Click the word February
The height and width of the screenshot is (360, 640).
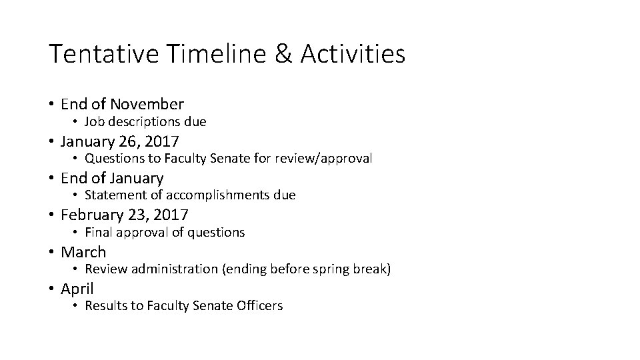pyautogui.click(x=89, y=215)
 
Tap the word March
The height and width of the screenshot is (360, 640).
pyautogui.click(x=83, y=252)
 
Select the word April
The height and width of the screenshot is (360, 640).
pyautogui.click(x=77, y=289)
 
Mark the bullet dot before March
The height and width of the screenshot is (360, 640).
pyautogui.click(x=51, y=252)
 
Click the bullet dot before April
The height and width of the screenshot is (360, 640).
pyautogui.click(x=51, y=289)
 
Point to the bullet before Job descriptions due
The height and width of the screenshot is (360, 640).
pyautogui.click(x=76, y=122)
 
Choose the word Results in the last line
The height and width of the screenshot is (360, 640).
pyautogui.click(x=105, y=306)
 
